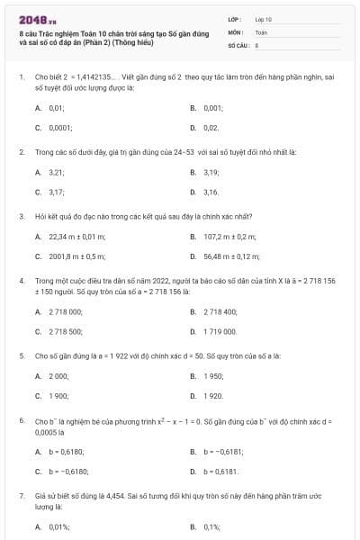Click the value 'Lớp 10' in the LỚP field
263,19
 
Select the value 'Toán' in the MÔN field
261,31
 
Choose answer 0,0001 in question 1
61,129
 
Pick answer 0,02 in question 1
211,129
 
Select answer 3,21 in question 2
56,171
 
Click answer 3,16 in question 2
211,192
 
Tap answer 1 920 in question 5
213,396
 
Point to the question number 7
22,496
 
